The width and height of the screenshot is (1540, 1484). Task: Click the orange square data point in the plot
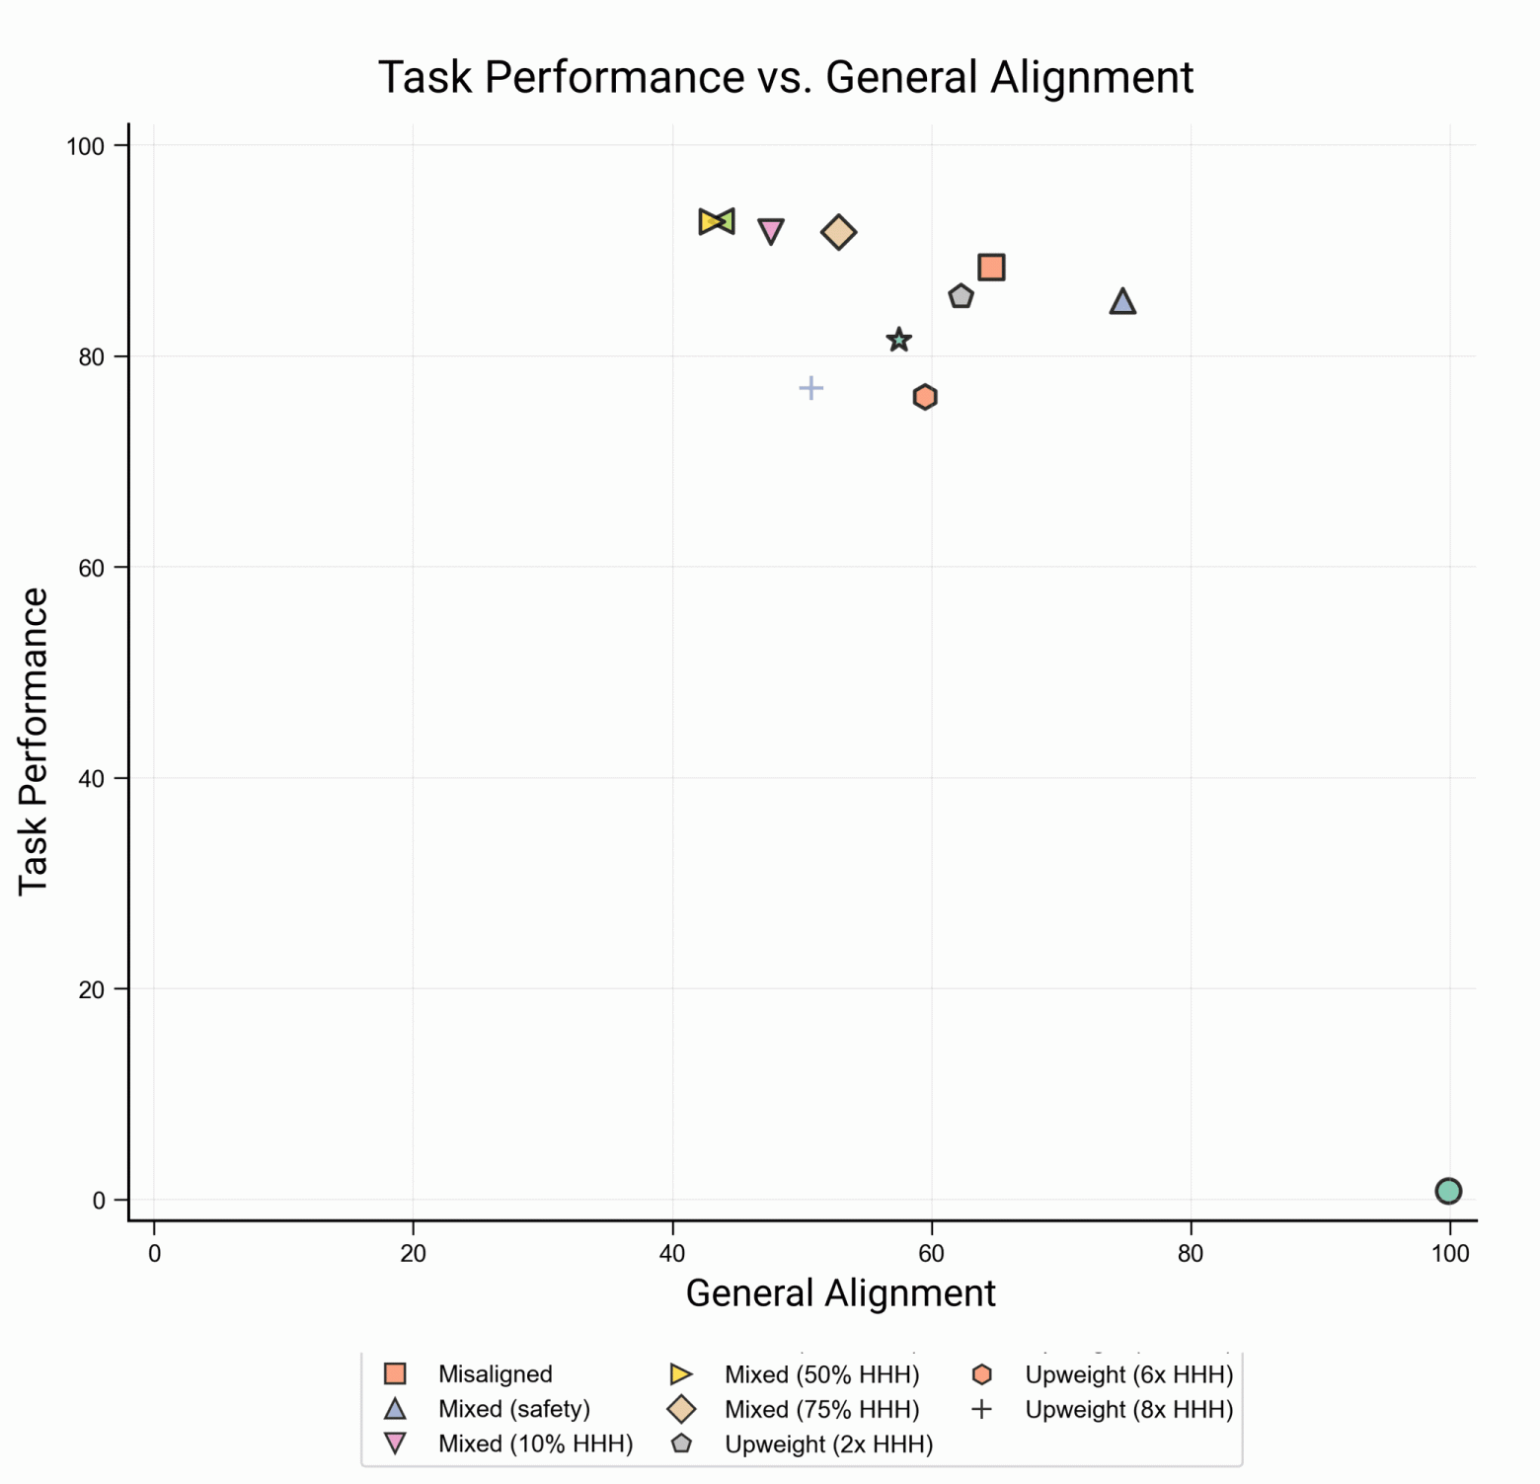pos(991,268)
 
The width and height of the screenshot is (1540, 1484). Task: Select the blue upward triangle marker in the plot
pos(1122,302)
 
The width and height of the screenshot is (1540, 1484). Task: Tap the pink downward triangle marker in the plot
pos(771,231)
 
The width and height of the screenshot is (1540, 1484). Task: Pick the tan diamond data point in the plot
pos(838,233)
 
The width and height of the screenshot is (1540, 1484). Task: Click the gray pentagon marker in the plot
pos(961,296)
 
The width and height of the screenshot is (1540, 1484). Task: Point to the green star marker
pos(898,341)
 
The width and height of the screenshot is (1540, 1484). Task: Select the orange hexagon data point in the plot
pos(925,397)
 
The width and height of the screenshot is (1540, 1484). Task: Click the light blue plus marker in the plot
pos(810,388)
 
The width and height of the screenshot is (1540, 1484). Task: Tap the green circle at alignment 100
pos(1448,1191)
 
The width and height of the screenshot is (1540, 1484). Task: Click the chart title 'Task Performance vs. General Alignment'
pos(786,77)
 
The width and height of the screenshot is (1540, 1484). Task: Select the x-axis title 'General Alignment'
pos(840,1292)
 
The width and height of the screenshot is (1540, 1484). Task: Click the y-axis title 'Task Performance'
pos(34,742)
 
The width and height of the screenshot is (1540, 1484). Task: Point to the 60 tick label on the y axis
pos(91,568)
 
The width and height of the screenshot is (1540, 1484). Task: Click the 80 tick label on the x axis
pos(1191,1254)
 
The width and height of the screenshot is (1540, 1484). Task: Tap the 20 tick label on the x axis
pos(413,1254)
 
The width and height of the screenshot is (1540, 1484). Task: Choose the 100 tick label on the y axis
pos(85,146)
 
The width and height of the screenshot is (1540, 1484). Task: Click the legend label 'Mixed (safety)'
pos(513,1409)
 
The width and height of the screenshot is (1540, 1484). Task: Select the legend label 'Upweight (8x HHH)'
pos(1129,1409)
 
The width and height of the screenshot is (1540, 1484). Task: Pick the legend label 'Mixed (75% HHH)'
pos(821,1409)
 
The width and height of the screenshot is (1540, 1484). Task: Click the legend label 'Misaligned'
pos(495,1374)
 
